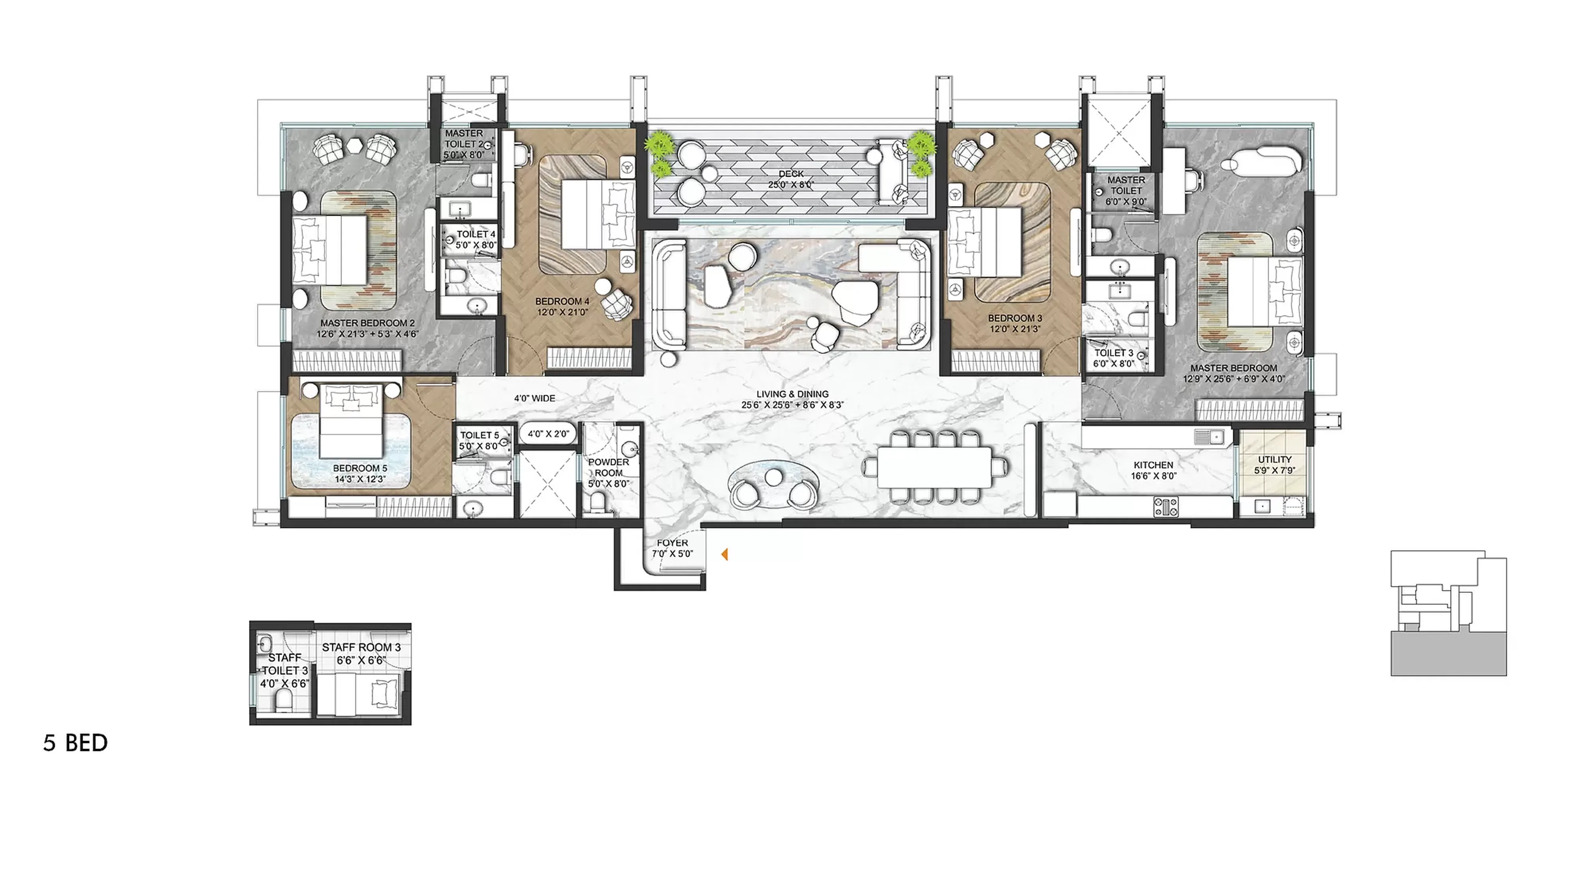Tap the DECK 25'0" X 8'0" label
[791, 179]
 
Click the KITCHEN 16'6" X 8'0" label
[1153, 470]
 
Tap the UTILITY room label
[1274, 464]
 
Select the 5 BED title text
[75, 743]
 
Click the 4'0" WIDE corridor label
[534, 398]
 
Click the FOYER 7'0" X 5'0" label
[672, 548]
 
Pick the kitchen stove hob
[1166, 507]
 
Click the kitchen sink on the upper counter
[1209, 437]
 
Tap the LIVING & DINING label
[792, 399]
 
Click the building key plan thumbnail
[1448, 613]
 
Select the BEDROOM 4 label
[562, 307]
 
